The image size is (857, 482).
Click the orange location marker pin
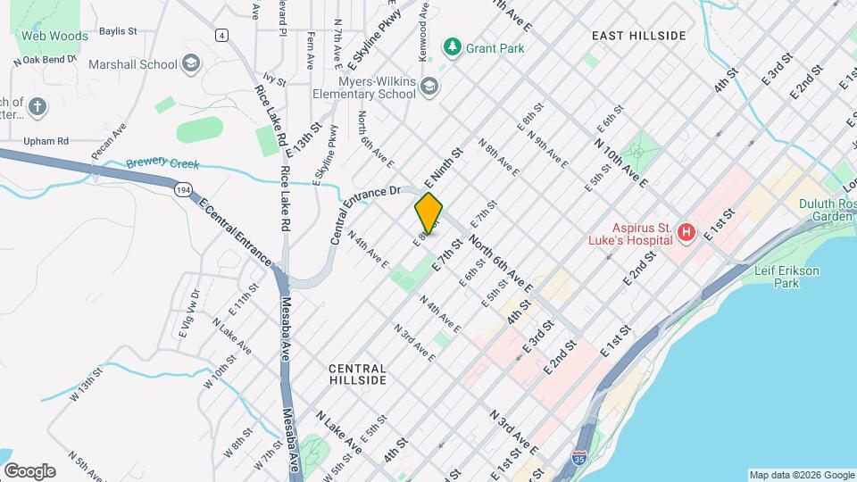tap(428, 213)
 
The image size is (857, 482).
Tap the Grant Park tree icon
tap(453, 46)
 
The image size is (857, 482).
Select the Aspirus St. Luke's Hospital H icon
tap(686, 233)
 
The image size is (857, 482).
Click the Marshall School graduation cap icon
tap(190, 63)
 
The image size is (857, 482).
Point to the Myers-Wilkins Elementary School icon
tap(429, 86)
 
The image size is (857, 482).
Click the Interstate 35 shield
tap(580, 458)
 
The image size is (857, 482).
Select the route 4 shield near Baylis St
tap(220, 35)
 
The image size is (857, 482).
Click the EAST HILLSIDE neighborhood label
tap(638, 36)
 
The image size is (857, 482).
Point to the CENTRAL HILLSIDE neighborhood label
tap(357, 374)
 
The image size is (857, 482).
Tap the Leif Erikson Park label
tap(773, 277)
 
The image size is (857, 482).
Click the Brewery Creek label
tap(162, 164)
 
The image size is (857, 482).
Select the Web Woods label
tap(54, 37)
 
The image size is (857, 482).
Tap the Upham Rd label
tap(45, 141)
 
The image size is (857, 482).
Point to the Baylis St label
tap(117, 30)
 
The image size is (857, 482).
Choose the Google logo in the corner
tap(29, 470)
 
